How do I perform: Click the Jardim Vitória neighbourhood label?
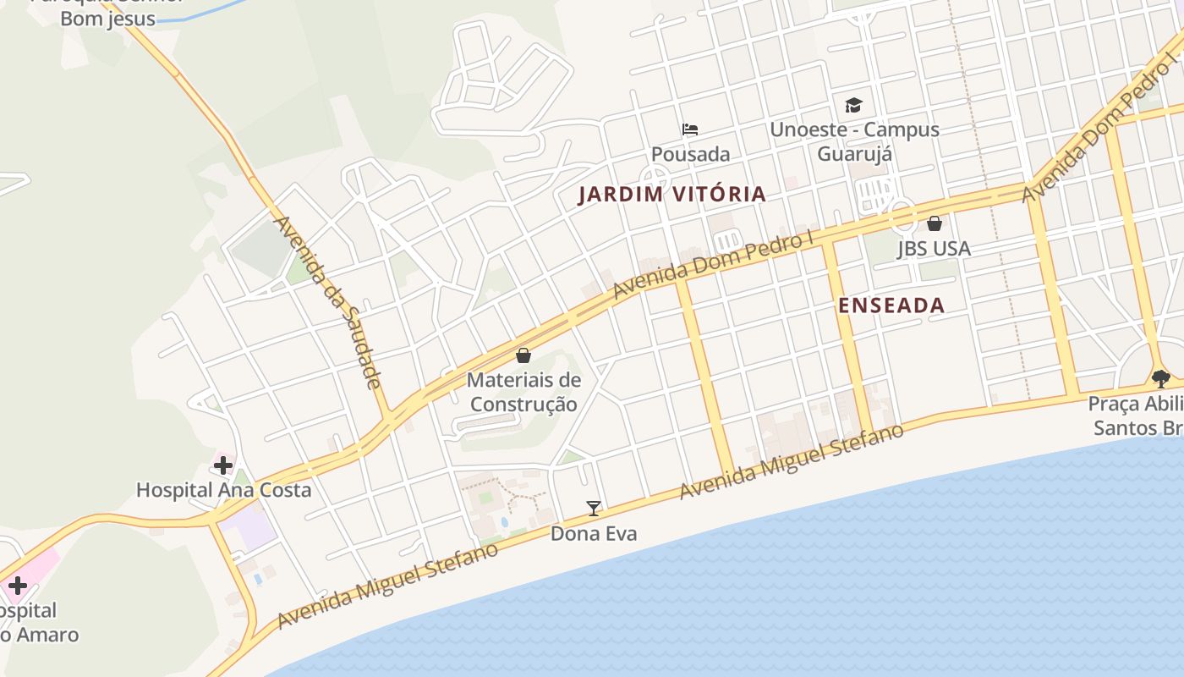coord(672,194)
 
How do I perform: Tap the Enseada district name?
coord(891,305)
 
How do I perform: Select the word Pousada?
coord(690,154)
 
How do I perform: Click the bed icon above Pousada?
coord(690,129)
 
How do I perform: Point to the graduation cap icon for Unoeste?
coord(853,106)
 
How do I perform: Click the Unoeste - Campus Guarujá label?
coord(854,141)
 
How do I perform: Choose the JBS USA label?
coord(934,249)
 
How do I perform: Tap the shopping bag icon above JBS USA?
coord(935,223)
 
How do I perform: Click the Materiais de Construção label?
coord(523,392)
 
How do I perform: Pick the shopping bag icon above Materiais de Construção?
coord(523,355)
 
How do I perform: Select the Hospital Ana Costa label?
coord(223,490)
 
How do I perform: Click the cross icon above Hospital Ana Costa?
coord(223,465)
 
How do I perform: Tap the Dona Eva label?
coord(594,533)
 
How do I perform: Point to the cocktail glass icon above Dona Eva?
coord(594,509)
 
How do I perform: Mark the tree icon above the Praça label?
coord(1160,378)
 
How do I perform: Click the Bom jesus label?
coord(107,19)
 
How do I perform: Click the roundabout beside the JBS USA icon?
coord(902,217)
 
